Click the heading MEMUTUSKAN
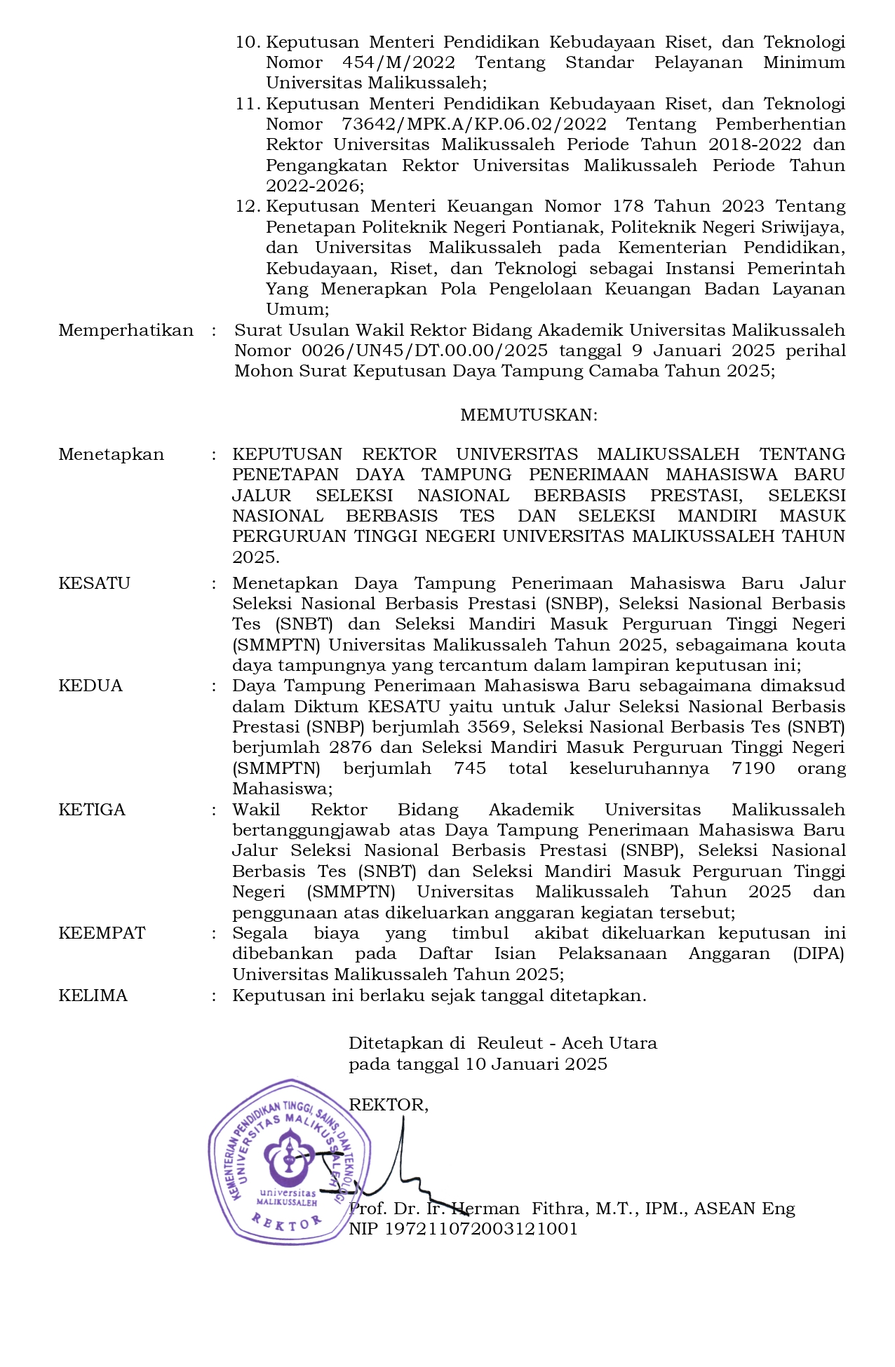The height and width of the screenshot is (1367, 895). (x=528, y=415)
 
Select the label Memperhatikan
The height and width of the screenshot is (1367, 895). (x=126, y=330)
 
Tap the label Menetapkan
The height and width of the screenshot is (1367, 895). (x=111, y=454)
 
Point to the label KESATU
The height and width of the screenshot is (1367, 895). (x=94, y=583)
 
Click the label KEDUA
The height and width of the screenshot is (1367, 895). (x=90, y=686)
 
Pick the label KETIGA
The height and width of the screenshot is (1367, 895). (x=92, y=810)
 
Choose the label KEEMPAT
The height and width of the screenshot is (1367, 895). (x=102, y=933)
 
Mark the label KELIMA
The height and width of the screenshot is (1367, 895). (x=93, y=995)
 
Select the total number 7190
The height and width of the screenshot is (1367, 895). (x=753, y=768)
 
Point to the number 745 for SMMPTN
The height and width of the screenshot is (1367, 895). (x=470, y=768)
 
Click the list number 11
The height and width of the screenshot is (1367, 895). (x=247, y=104)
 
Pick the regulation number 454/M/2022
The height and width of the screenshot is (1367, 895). (x=398, y=62)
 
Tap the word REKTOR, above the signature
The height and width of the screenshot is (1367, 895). (x=388, y=1105)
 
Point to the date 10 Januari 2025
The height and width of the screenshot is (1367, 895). (x=537, y=1064)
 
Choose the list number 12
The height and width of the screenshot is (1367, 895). (x=247, y=207)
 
